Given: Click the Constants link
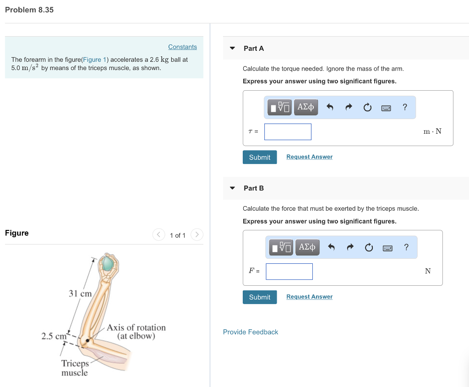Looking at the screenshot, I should click(182, 47).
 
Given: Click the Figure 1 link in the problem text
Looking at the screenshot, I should click(94, 60).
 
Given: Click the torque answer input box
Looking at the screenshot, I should click(288, 132).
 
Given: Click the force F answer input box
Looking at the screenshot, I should click(289, 272).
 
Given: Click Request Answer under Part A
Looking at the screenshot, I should click(309, 157).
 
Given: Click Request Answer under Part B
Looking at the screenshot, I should click(309, 297).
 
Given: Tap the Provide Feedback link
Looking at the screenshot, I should click(250, 332).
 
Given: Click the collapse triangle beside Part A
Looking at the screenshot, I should click(232, 48).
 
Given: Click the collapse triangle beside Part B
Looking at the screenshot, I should click(232, 188).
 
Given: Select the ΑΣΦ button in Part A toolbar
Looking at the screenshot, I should click(305, 107).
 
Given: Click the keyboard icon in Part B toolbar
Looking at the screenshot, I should click(387, 248).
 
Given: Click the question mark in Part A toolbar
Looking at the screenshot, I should click(404, 107).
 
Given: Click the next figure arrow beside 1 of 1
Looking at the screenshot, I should click(196, 235).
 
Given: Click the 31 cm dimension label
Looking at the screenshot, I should click(80, 293).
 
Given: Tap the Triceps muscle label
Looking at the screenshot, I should click(75, 368).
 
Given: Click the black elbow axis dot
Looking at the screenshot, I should click(87, 340).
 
